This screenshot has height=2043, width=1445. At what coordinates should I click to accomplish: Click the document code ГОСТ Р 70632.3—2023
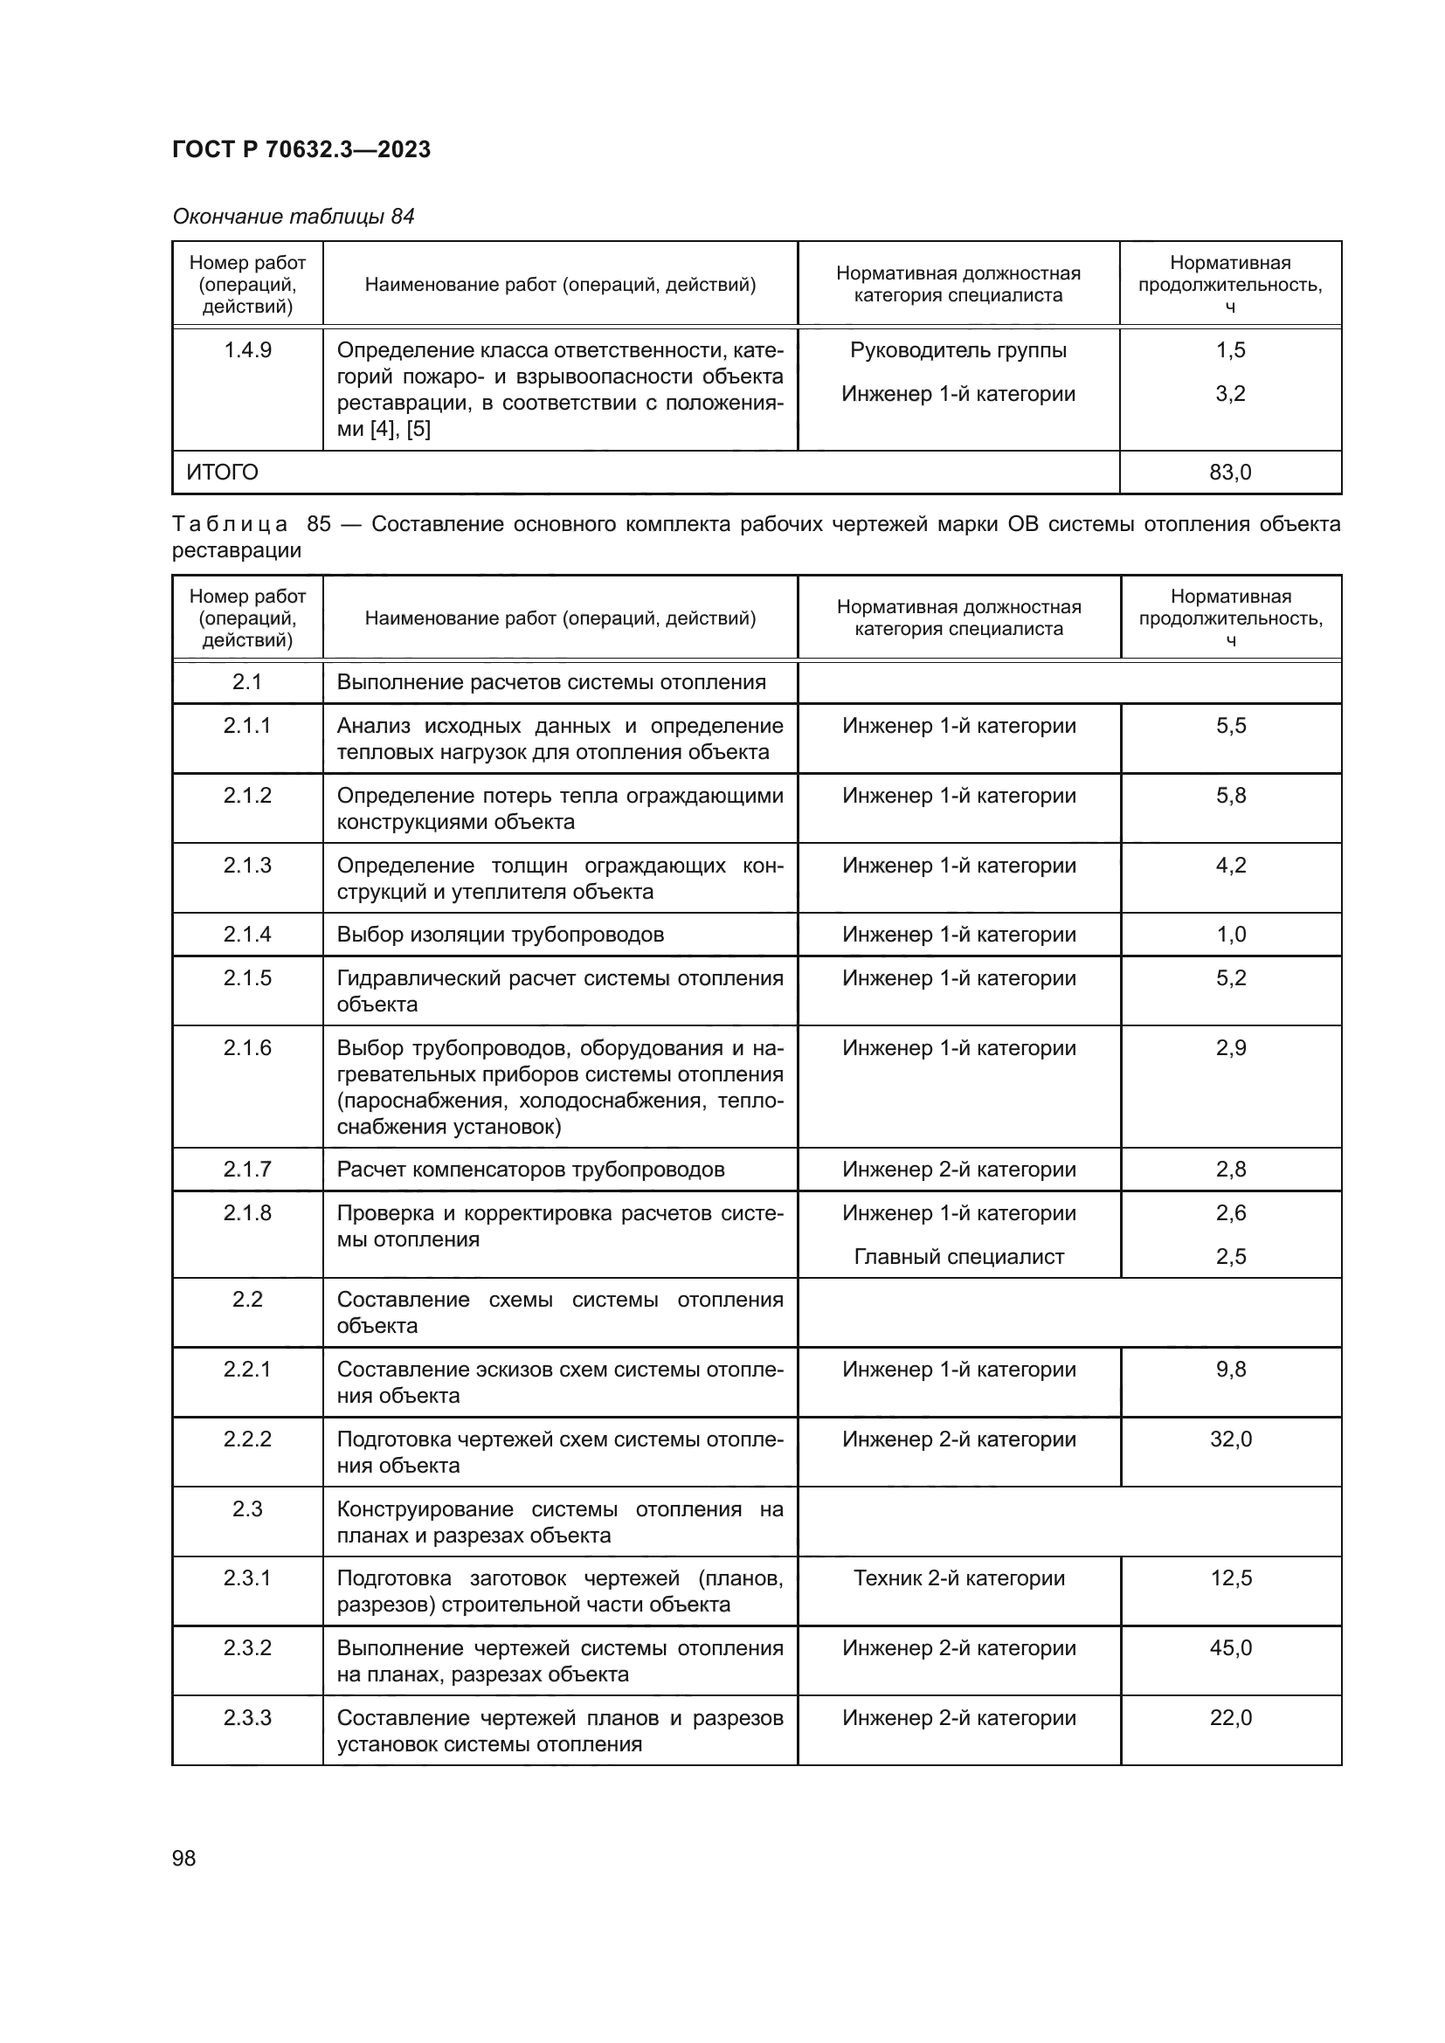301,149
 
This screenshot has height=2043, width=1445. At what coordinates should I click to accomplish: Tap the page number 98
184,1858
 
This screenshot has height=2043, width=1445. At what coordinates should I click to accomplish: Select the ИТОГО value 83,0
1230,473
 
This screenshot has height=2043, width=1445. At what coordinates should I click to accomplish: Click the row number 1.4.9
247,350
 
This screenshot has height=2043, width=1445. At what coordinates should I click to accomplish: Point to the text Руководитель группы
958,350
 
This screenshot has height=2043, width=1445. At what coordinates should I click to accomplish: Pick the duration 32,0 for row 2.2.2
1231,1439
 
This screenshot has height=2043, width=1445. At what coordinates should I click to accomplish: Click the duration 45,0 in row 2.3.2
1231,1648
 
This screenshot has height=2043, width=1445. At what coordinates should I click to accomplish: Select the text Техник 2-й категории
958,1578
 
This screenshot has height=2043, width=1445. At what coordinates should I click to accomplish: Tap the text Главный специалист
958,1256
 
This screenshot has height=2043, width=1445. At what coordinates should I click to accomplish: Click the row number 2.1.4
247,935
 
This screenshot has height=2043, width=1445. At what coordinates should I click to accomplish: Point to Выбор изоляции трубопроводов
500,935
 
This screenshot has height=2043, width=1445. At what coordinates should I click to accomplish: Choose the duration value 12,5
1231,1578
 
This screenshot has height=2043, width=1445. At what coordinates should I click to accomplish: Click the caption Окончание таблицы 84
293,217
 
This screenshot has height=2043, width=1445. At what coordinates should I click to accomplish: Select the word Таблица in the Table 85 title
230,524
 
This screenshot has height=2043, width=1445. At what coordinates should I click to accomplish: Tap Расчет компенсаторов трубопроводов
530,1170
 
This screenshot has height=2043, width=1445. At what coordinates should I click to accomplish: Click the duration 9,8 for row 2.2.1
1231,1370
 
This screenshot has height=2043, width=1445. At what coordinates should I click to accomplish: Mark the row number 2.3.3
247,1717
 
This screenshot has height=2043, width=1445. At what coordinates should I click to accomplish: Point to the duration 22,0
1231,1717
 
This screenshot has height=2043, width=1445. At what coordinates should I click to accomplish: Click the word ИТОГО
222,473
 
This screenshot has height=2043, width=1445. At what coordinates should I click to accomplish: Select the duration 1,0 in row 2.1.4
1231,935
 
